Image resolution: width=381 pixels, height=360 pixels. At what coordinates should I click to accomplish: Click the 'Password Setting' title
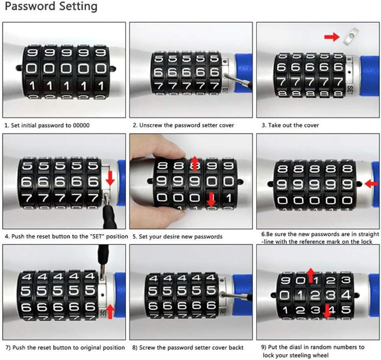click(x=51, y=6)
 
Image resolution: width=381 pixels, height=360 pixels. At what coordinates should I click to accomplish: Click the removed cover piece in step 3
click(x=351, y=36)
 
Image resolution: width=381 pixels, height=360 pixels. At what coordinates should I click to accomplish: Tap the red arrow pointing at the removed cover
click(x=332, y=37)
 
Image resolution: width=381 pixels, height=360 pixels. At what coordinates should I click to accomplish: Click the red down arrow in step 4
click(x=110, y=178)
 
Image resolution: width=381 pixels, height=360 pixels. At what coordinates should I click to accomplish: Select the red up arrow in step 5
click(x=194, y=163)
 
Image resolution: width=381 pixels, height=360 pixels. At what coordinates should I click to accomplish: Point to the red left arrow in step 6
click(x=371, y=184)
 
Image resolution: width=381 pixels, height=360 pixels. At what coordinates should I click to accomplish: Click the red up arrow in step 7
click(x=110, y=312)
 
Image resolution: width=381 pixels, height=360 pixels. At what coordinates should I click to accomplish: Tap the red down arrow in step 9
click(x=327, y=311)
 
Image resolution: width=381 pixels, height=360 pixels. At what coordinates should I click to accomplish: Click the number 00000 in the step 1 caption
click(x=81, y=125)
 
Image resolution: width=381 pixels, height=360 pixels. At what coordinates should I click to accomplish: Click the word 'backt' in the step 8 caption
click(x=236, y=348)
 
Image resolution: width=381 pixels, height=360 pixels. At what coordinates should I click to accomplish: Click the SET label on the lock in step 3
click(x=350, y=90)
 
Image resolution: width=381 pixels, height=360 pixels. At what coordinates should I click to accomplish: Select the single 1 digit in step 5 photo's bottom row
click(x=229, y=198)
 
